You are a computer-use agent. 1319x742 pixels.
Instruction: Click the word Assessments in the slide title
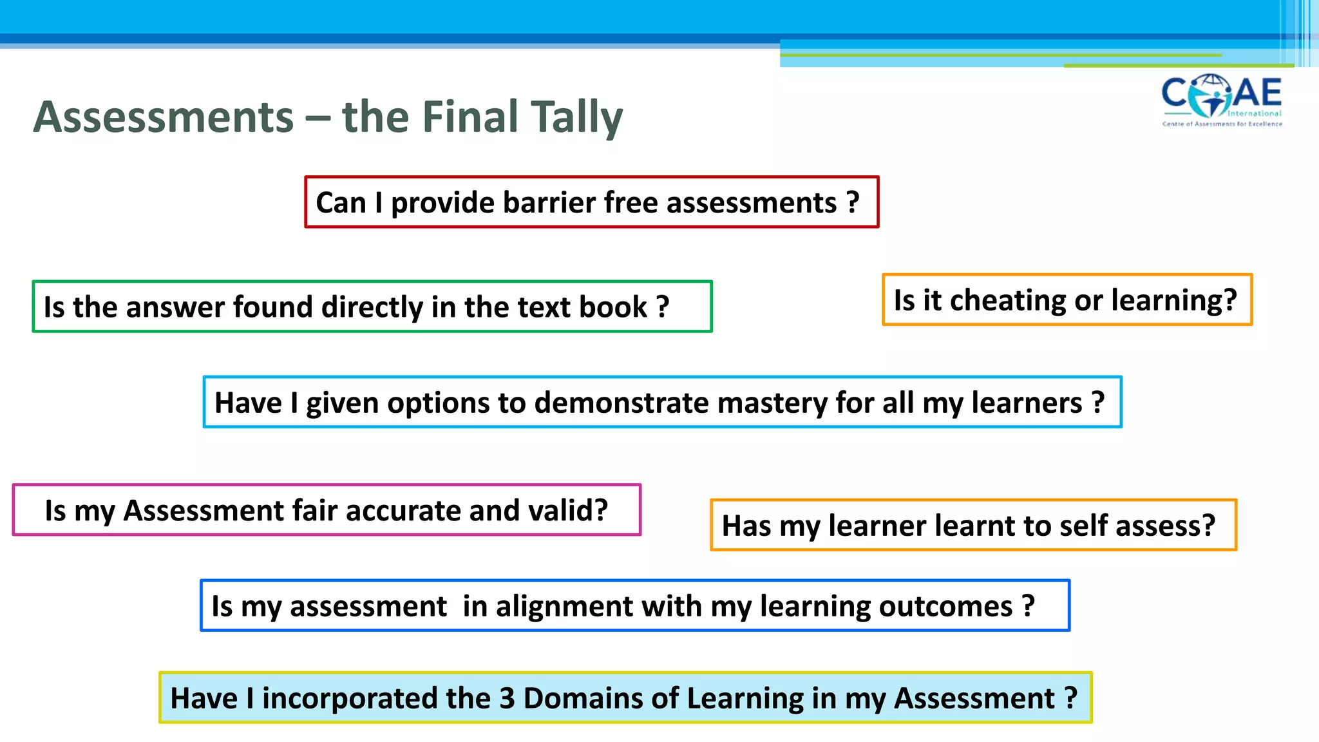[x=164, y=118]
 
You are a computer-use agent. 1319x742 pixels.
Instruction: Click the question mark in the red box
[x=853, y=202]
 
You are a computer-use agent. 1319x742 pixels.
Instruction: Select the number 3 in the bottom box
[x=507, y=698]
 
